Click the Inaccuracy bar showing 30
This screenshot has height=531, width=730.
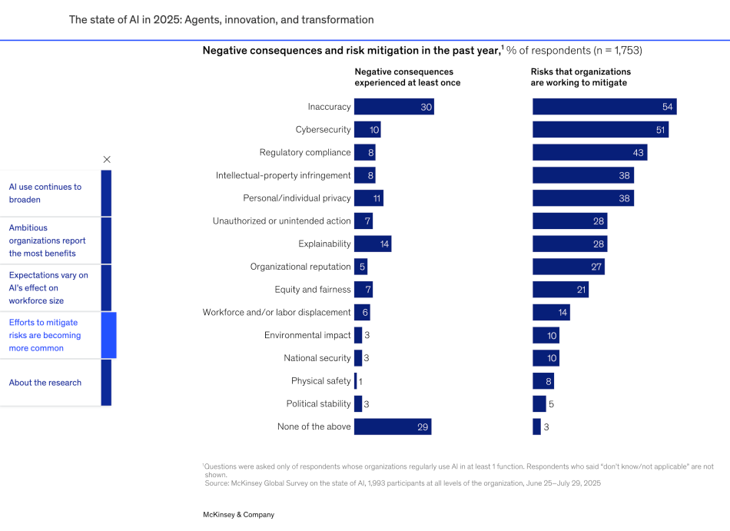393,107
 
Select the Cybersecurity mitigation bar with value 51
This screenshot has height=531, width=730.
599,130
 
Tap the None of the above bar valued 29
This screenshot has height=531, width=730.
392,426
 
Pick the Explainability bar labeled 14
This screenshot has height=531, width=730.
372,244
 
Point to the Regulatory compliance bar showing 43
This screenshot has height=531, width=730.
589,153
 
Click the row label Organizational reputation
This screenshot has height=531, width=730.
300,267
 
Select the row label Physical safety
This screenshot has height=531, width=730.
320,381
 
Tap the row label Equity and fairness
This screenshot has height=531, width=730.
312,290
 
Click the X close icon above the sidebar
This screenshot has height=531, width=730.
107,159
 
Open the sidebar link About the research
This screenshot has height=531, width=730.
45,383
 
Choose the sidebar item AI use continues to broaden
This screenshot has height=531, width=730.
45,193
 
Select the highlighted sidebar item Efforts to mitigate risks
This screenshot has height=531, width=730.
45,335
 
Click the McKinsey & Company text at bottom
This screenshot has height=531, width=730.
238,515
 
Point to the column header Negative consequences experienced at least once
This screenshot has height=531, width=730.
406,77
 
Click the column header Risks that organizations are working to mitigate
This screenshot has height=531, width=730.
579,77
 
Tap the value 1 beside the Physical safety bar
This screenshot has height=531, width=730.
360,381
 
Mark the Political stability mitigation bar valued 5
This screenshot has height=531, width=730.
539,403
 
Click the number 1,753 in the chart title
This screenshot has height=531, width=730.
623,51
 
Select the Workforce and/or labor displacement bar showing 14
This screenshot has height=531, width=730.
550,313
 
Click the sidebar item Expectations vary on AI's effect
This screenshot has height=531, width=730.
48,287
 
